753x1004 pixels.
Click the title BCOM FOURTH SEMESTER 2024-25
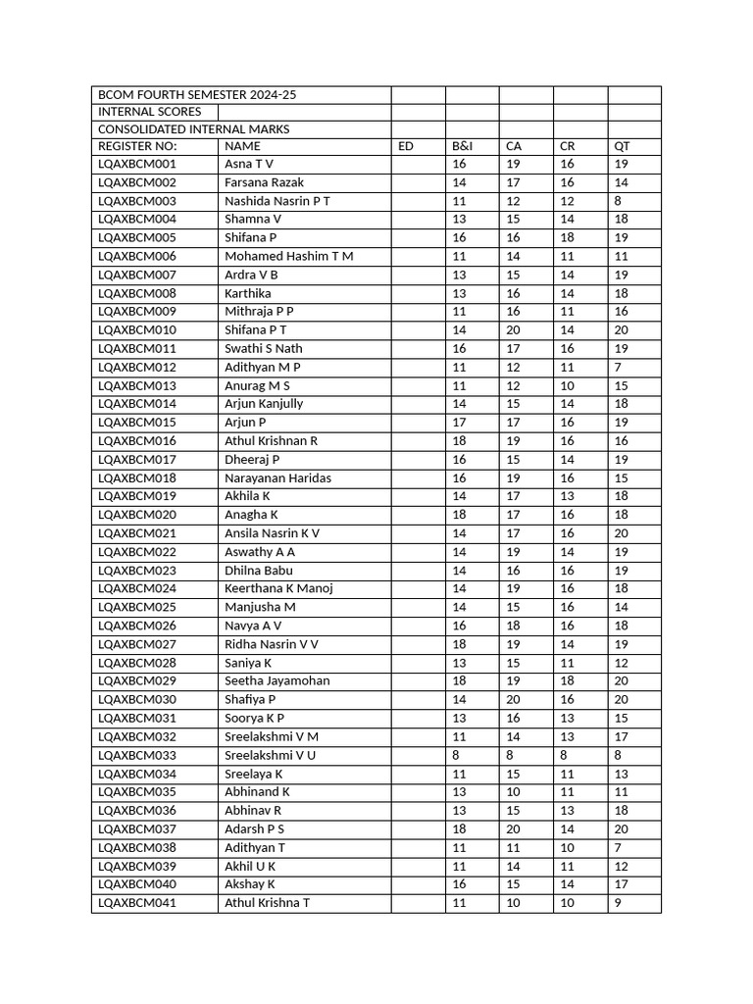pos(196,95)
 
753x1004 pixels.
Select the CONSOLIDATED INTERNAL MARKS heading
pos(193,128)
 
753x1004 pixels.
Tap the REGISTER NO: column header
pos(137,146)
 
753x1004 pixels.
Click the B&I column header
pos(463,146)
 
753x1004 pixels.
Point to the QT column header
pos(622,146)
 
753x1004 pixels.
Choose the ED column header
pos(406,146)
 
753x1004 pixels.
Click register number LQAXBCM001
pos(137,164)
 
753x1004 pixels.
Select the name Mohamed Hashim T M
pos(289,256)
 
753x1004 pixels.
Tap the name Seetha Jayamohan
pos(276,680)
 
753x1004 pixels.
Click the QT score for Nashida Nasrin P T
pos(618,201)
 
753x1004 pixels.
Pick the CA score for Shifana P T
pos(513,330)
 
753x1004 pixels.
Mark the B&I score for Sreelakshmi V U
pos(456,755)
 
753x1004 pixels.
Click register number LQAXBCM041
pos(137,903)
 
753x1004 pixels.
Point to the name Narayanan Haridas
pos(277,477)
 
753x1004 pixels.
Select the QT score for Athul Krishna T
pos(618,903)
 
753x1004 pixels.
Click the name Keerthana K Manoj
pos(278,588)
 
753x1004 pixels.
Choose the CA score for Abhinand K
pos(513,791)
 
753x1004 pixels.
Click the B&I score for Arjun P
pos(459,423)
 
